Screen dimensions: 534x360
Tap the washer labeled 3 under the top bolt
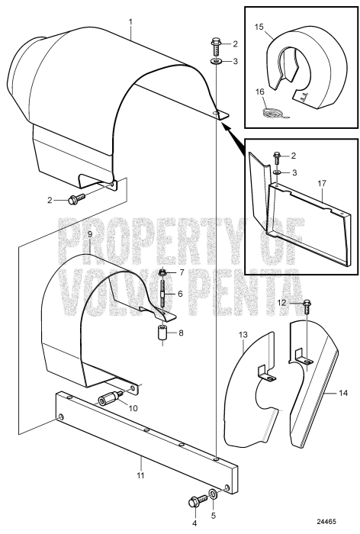(217, 61)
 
